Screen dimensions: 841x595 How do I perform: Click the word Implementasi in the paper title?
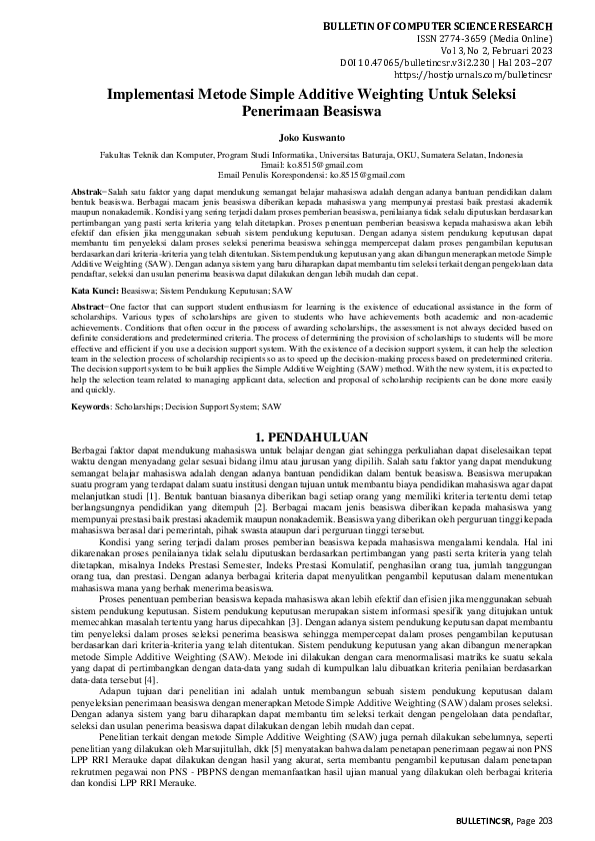tap(165, 94)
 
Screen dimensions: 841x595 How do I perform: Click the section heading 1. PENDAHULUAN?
tap(297, 409)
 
